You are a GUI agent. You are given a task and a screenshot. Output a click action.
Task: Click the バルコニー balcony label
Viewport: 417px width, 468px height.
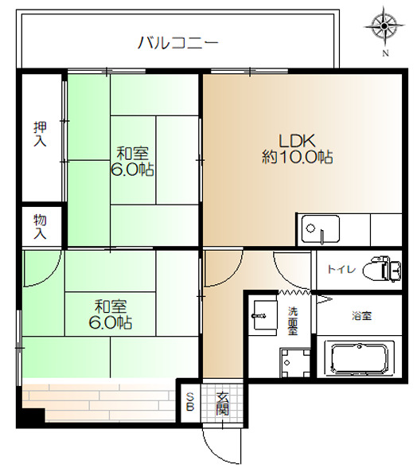(178, 42)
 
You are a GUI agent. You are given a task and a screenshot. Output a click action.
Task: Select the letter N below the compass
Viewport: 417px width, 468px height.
(385, 54)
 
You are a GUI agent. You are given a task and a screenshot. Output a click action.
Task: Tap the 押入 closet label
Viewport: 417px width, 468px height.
(40, 133)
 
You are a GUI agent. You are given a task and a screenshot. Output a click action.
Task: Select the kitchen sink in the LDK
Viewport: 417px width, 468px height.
(318, 231)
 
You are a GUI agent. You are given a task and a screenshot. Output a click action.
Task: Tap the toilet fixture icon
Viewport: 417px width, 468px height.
(384, 270)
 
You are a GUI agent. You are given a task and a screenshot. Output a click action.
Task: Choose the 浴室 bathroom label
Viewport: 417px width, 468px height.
(360, 316)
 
